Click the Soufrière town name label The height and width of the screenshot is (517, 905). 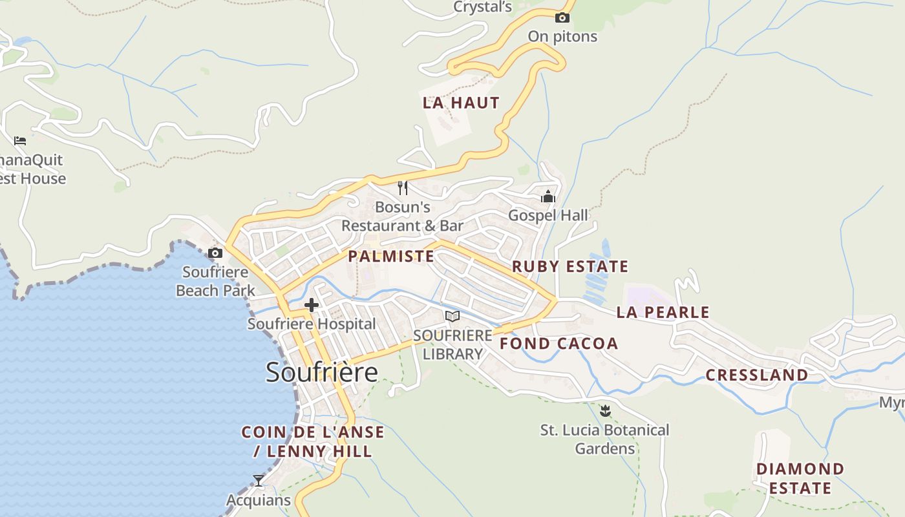click(322, 372)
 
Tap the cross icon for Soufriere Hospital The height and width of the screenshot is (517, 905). click(312, 305)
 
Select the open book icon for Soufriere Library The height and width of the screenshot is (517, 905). click(452, 316)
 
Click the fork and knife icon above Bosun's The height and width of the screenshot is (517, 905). click(402, 188)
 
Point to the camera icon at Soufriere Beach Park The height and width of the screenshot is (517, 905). click(215, 253)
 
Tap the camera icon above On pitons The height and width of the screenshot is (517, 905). click(562, 17)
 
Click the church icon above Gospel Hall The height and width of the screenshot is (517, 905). click(548, 196)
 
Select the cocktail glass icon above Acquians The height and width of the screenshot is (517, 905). click(259, 480)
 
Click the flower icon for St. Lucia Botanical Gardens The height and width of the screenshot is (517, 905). click(605, 410)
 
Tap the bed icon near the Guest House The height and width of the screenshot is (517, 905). click(20, 140)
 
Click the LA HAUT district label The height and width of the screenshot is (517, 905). click(461, 103)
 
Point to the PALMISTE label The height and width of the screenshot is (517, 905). click(391, 256)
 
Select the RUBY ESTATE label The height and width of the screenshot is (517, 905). click(570, 266)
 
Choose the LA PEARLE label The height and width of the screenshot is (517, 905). click(663, 312)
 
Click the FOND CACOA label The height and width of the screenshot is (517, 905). click(559, 343)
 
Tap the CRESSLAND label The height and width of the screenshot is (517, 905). click(756, 375)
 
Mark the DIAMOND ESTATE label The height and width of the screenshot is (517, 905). click(800, 478)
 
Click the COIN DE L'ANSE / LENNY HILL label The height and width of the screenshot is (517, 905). click(313, 441)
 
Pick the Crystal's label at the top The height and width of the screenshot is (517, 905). click(482, 7)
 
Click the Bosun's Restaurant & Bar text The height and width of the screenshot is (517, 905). click(402, 216)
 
